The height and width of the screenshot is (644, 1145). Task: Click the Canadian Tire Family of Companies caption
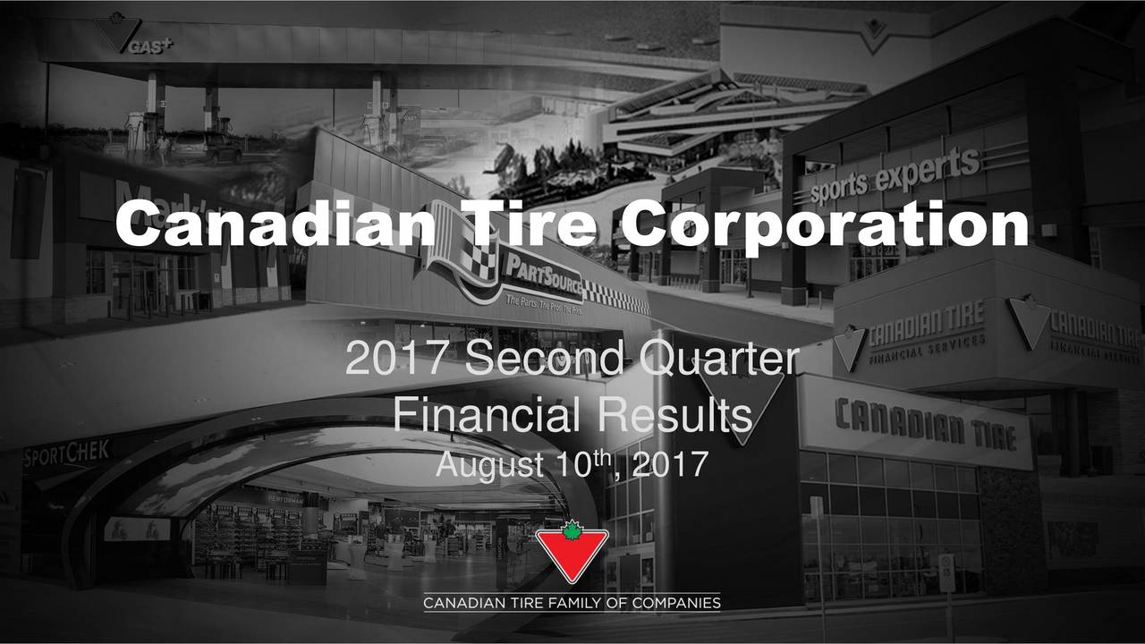click(572, 603)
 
